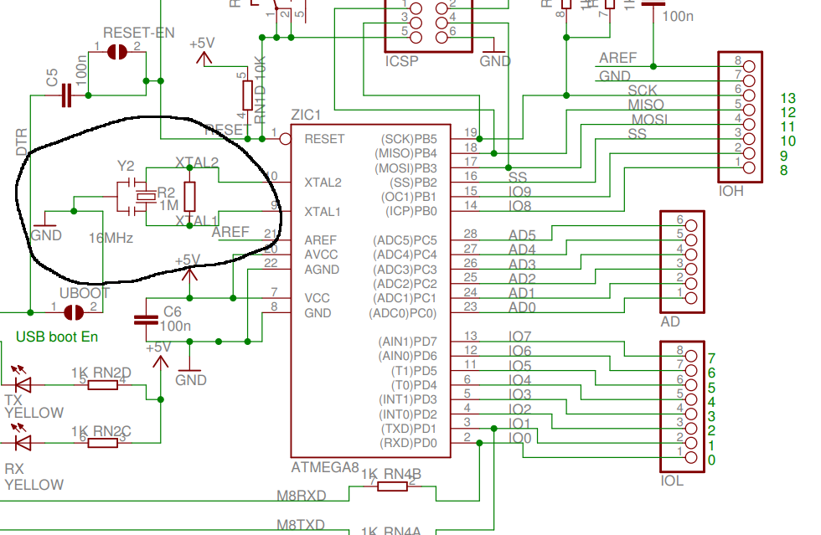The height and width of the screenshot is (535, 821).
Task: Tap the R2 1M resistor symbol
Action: click(189, 196)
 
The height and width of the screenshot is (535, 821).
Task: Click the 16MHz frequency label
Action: click(111, 239)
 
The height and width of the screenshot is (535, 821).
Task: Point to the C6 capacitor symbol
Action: click(147, 320)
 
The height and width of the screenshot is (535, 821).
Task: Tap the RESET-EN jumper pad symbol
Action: click(117, 53)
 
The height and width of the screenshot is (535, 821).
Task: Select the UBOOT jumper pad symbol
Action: click(75, 311)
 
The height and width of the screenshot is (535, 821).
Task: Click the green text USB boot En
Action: click(57, 337)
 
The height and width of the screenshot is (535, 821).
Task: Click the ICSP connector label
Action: click(402, 61)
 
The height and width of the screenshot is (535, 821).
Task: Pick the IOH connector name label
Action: click(731, 191)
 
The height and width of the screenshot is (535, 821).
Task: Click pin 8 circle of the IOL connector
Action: click(691, 351)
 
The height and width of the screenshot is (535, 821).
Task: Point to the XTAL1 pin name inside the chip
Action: click(323, 211)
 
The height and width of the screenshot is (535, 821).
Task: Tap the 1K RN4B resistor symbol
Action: click(392, 486)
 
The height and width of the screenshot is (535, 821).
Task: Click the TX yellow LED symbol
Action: click(23, 384)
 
